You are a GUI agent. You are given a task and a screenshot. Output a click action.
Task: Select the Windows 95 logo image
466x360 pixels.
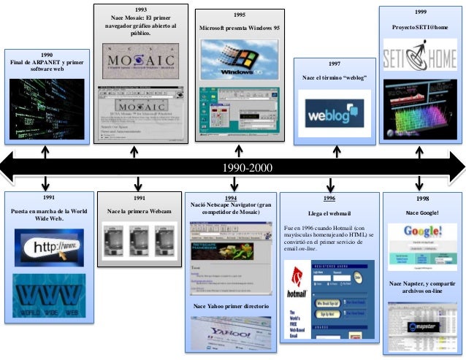[x=239, y=58]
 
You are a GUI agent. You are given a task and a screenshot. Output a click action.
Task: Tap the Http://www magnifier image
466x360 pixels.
[x=49, y=248]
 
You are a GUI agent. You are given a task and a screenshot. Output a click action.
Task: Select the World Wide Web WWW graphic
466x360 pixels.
[x=49, y=295]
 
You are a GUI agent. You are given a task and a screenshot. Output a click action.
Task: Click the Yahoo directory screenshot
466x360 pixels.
[x=231, y=332]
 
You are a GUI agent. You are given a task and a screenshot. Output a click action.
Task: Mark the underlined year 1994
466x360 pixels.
[x=230, y=197]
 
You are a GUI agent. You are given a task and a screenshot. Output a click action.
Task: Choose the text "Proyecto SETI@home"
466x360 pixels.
[x=421, y=27]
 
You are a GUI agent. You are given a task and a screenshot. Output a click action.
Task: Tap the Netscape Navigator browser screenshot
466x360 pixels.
[x=230, y=256]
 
